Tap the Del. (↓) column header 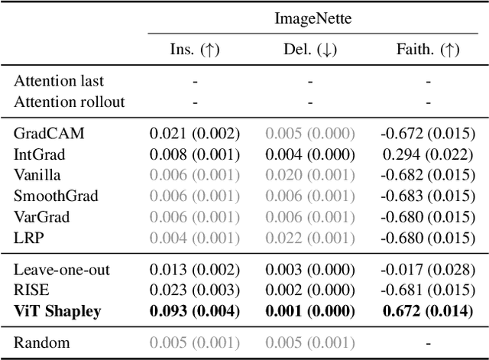311,50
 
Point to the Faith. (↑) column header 428,50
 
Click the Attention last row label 59,80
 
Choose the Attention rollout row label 69,101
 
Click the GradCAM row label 49,133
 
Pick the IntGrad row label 41,154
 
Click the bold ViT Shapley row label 57,311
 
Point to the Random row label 41,342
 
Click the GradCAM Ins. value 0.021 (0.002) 194,133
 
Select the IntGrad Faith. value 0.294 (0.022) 428,154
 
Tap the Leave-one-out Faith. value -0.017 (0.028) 428,270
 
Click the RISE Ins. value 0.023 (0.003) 194,290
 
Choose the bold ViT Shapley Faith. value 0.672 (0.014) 428,311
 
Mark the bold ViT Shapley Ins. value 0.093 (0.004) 194,311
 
